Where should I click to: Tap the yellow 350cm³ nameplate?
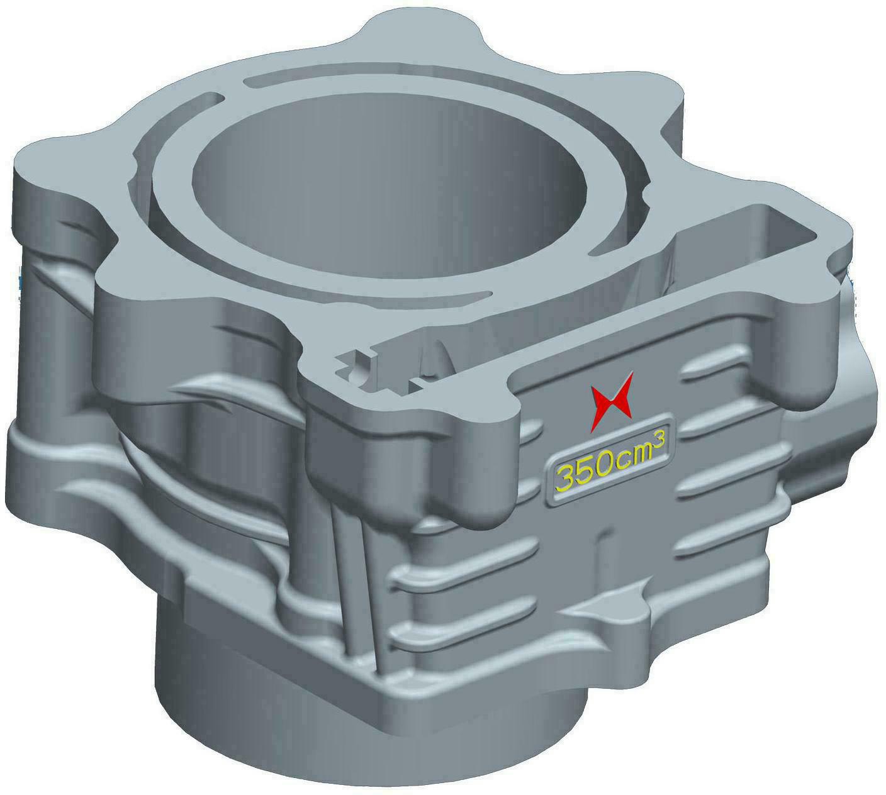pos(608,461)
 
